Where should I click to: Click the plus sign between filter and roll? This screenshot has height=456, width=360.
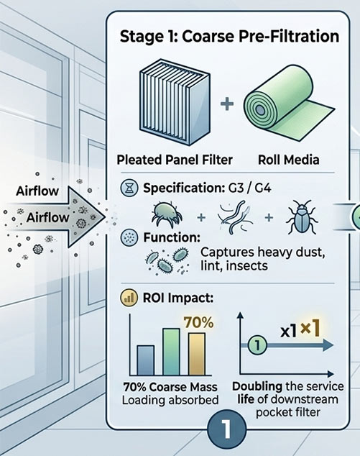tap(227, 104)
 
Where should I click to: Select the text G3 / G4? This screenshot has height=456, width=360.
tap(248, 188)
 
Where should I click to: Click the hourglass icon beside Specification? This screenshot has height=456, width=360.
tap(129, 188)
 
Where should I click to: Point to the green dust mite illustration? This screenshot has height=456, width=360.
tap(167, 214)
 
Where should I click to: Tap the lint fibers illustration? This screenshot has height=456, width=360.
tap(234, 217)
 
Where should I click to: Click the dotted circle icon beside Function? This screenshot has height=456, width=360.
tap(129, 237)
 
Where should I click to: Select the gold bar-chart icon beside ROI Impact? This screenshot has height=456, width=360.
tap(129, 298)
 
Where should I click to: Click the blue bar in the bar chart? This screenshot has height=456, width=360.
tap(145, 360)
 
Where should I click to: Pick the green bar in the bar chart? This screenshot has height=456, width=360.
tap(172, 352)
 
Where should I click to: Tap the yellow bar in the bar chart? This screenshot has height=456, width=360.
tap(197, 354)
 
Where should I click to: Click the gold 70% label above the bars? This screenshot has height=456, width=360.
tap(199, 322)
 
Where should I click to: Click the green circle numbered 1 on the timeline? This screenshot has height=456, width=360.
tap(257, 345)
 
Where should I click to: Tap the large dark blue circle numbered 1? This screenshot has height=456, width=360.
tap(227, 430)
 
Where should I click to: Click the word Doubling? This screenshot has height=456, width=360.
tap(257, 387)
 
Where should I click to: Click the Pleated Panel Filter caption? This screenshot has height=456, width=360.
tap(175, 160)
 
